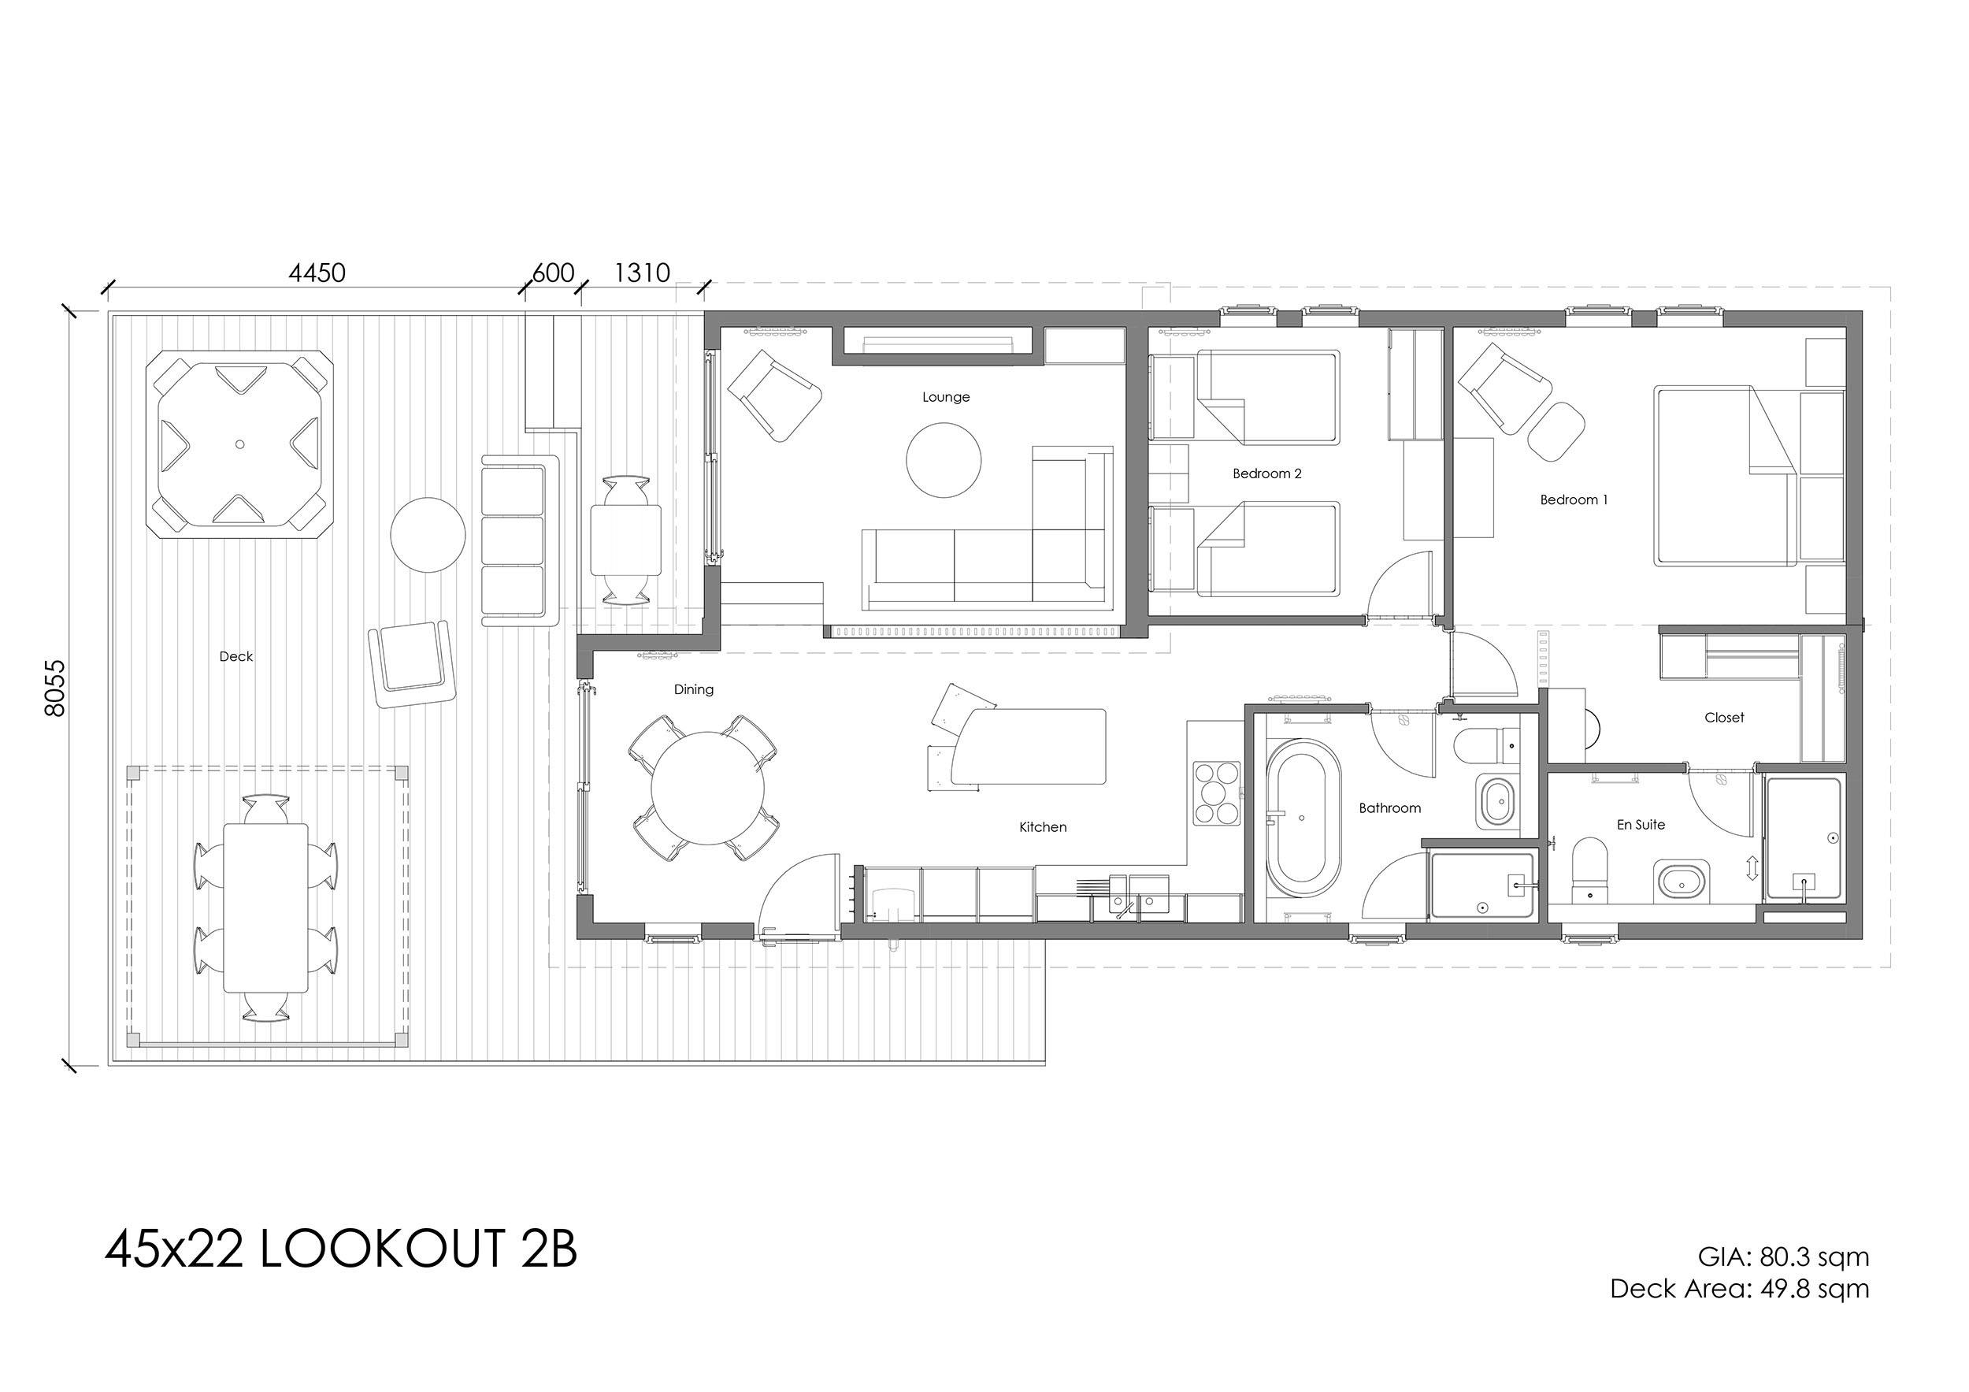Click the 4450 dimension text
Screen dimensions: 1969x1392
pyautogui.click(x=317, y=273)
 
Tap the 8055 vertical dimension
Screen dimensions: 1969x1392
pyautogui.click(x=54, y=688)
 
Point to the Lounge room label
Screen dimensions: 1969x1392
pyautogui.click(x=946, y=397)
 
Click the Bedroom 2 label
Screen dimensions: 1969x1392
pyautogui.click(x=1267, y=473)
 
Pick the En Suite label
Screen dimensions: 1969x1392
pyautogui.click(x=1641, y=824)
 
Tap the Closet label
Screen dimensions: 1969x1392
pyautogui.click(x=1724, y=718)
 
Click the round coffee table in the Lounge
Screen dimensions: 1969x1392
pyautogui.click(x=944, y=461)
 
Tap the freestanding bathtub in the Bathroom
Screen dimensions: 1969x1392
pyautogui.click(x=1302, y=818)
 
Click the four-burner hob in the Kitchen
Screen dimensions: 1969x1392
pyautogui.click(x=1216, y=793)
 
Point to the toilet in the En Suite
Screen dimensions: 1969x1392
pyautogui.click(x=1590, y=870)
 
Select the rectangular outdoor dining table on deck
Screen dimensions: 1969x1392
pyautogui.click(x=266, y=908)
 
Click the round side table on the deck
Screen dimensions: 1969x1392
pyautogui.click(x=428, y=535)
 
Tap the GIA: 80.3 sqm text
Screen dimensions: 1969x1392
pyautogui.click(x=1783, y=1257)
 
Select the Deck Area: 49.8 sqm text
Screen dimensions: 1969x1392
pyautogui.click(x=1739, y=1288)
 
